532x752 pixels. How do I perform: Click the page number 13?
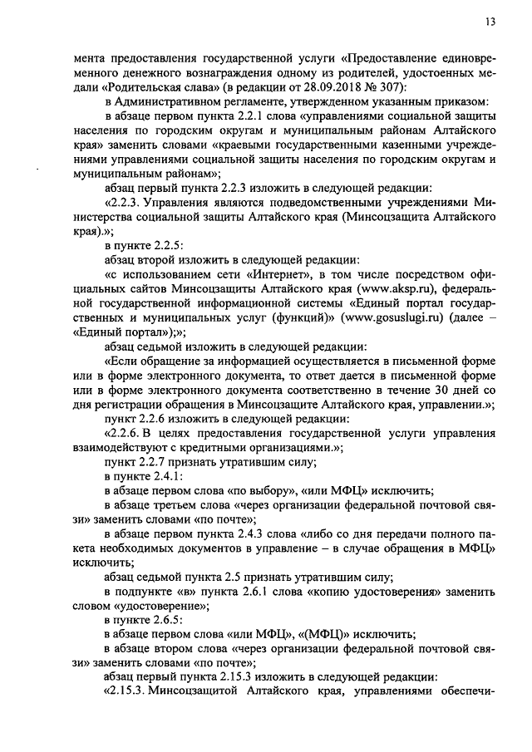[x=491, y=22]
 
